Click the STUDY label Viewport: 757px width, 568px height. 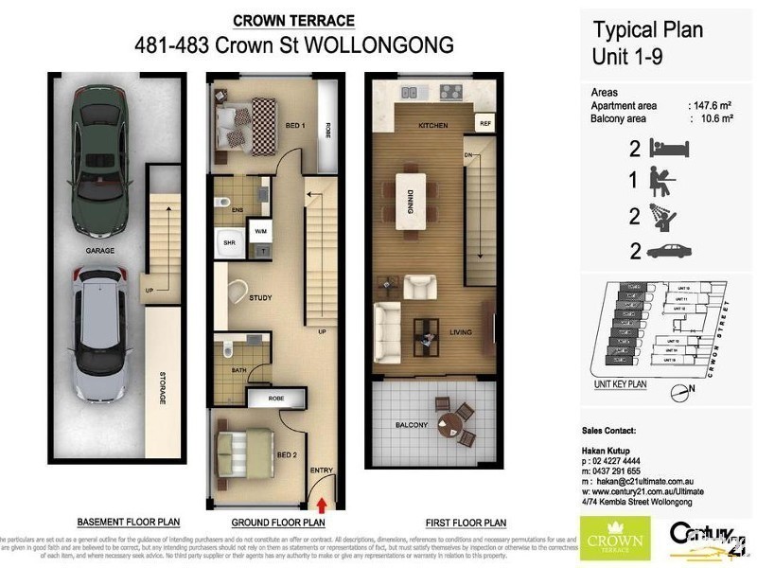point(260,298)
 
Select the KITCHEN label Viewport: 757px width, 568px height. point(432,126)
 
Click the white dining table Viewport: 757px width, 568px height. point(412,199)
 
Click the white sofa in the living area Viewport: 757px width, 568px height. point(388,332)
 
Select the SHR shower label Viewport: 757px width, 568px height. point(228,242)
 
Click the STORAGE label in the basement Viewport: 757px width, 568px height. point(163,388)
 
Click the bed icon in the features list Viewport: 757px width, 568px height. point(670,148)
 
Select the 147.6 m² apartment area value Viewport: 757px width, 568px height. point(712,107)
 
